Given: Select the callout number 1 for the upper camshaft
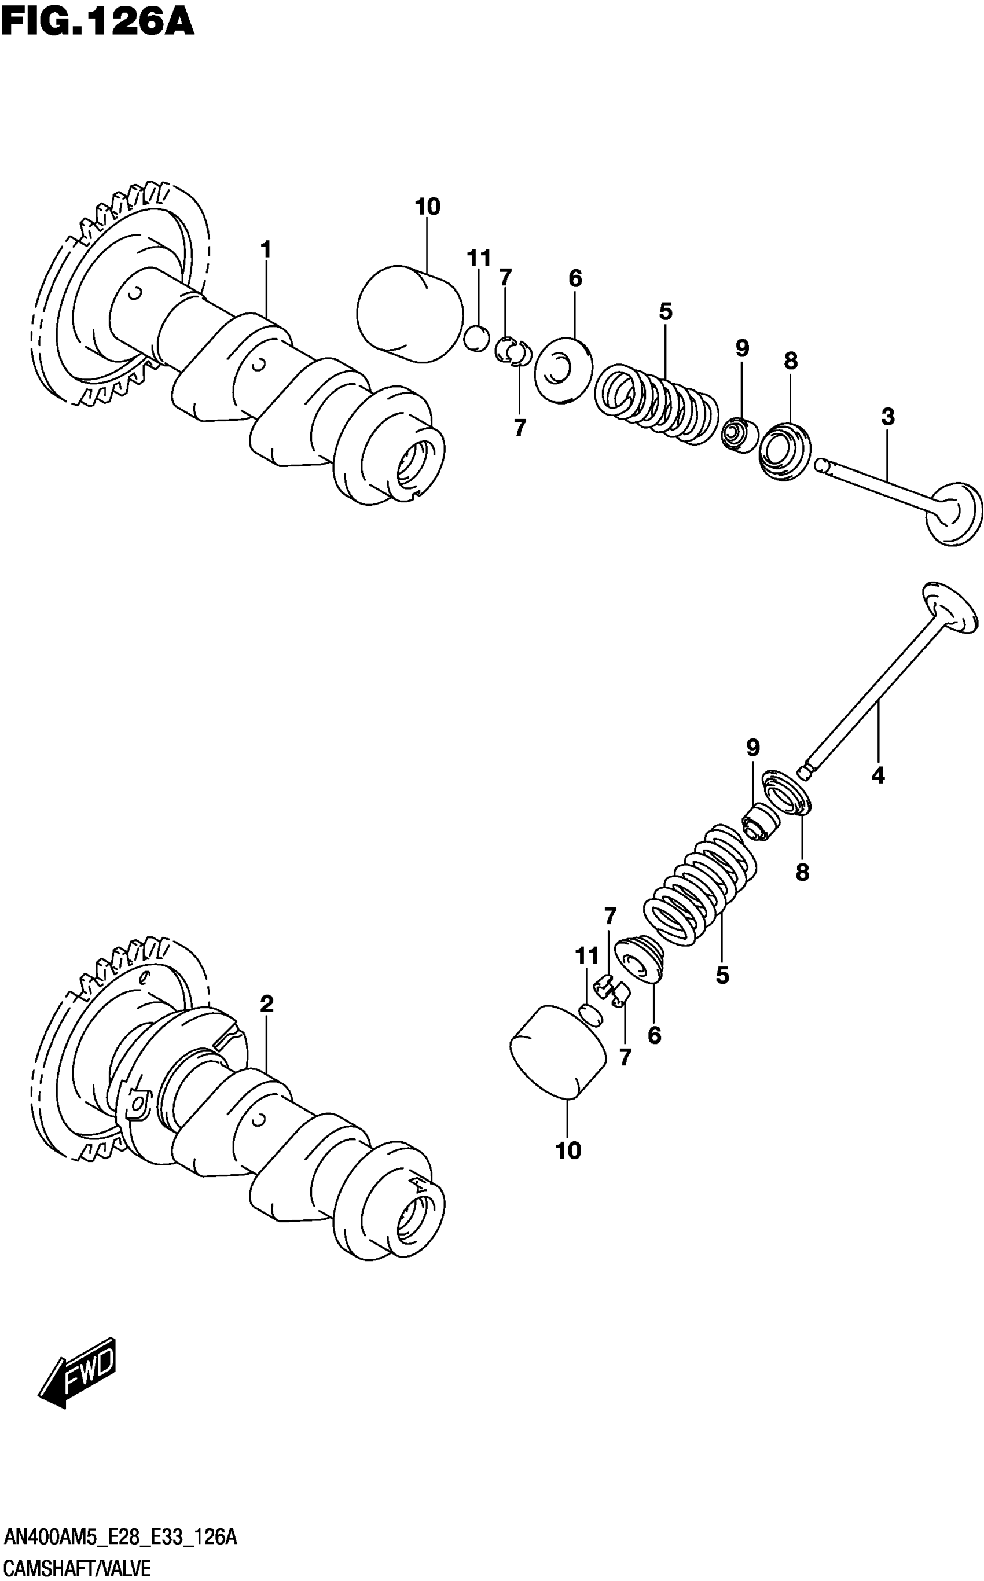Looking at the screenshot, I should (266, 249).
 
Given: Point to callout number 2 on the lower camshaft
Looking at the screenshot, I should (266, 1004).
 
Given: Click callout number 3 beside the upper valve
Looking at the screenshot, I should (888, 417).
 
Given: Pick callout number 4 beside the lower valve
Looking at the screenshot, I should (878, 775).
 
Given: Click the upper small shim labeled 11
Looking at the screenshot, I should (476, 339).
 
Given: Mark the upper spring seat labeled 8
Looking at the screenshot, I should (786, 451).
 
